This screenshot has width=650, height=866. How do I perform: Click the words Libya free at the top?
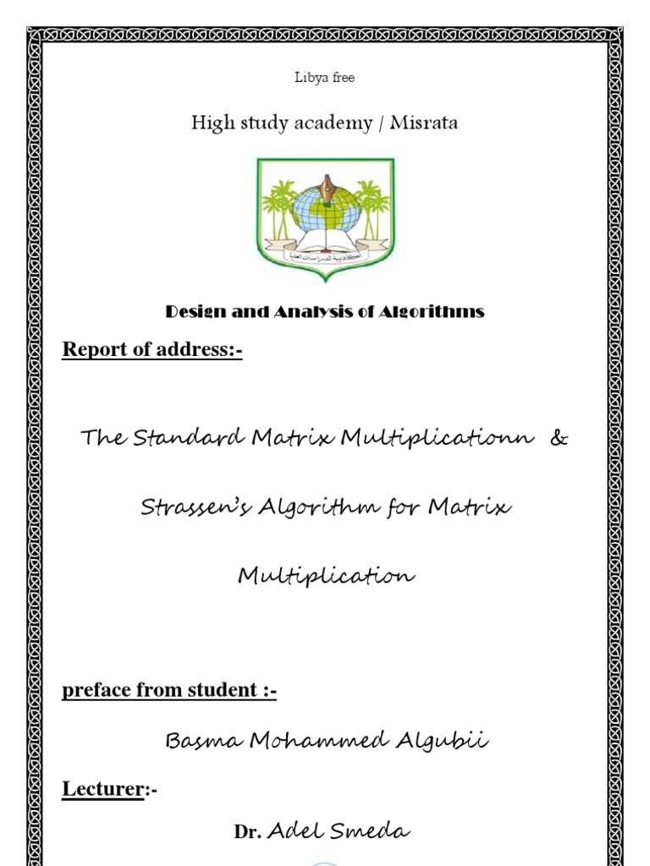[x=324, y=78]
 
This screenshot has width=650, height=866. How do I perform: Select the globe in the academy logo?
[x=325, y=210]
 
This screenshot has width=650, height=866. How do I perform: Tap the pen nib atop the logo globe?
[x=326, y=183]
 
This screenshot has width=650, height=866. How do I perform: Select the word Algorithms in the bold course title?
[x=432, y=311]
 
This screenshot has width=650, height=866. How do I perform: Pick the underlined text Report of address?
[x=151, y=349]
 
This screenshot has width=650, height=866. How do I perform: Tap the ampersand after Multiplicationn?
[x=559, y=439]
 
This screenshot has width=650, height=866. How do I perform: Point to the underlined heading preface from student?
[x=169, y=690]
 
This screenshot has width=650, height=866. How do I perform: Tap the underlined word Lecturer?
[x=102, y=790]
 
